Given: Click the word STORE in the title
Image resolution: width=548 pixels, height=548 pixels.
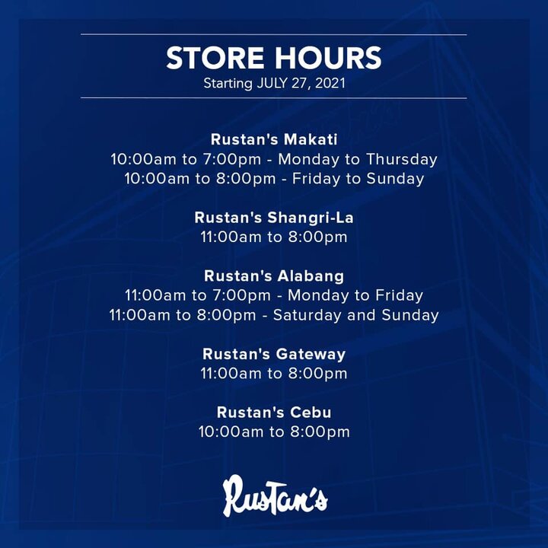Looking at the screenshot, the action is (215, 58).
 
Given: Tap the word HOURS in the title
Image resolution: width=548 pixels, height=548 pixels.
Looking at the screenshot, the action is (328, 58).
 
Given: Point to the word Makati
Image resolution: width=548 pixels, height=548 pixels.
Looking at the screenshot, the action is (311, 139).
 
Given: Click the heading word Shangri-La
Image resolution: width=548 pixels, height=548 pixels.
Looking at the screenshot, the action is (311, 218).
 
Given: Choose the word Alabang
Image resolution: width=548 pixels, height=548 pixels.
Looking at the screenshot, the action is (311, 276).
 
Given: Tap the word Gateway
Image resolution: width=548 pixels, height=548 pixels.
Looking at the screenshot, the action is (311, 355).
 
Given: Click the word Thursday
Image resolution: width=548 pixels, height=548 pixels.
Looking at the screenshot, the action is (402, 160).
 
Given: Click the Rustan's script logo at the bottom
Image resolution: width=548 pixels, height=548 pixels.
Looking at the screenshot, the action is (275, 495).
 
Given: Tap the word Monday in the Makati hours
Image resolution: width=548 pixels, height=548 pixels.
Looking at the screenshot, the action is (308, 160).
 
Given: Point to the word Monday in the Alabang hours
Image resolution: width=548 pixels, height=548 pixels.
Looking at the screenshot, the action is (318, 295).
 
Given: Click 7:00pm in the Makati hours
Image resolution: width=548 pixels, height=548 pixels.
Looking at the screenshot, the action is (232, 160).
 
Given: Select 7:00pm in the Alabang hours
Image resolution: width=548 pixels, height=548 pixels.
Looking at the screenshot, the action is (242, 295).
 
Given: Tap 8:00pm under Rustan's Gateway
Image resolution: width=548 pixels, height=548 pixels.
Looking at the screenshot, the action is (317, 374).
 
